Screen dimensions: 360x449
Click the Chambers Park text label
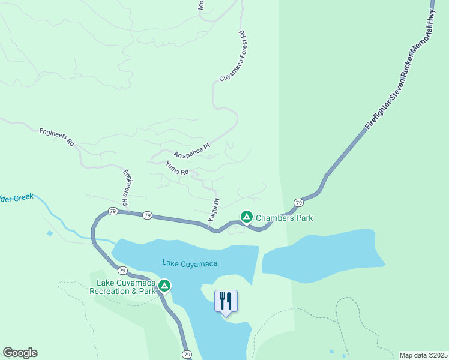click(284, 218)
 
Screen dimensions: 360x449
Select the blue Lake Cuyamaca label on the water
click(190, 263)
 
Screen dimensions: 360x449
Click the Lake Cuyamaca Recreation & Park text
click(122, 287)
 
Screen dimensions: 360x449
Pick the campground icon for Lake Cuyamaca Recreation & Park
click(164, 286)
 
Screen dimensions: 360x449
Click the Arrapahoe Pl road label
click(191, 149)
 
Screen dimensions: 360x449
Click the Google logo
click(20, 353)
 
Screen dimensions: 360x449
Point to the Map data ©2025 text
click(423, 355)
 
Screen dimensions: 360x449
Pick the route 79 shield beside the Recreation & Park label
click(122, 271)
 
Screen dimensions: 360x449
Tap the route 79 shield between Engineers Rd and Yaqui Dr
click(147, 215)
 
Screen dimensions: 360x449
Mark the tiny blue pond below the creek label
click(49, 233)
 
